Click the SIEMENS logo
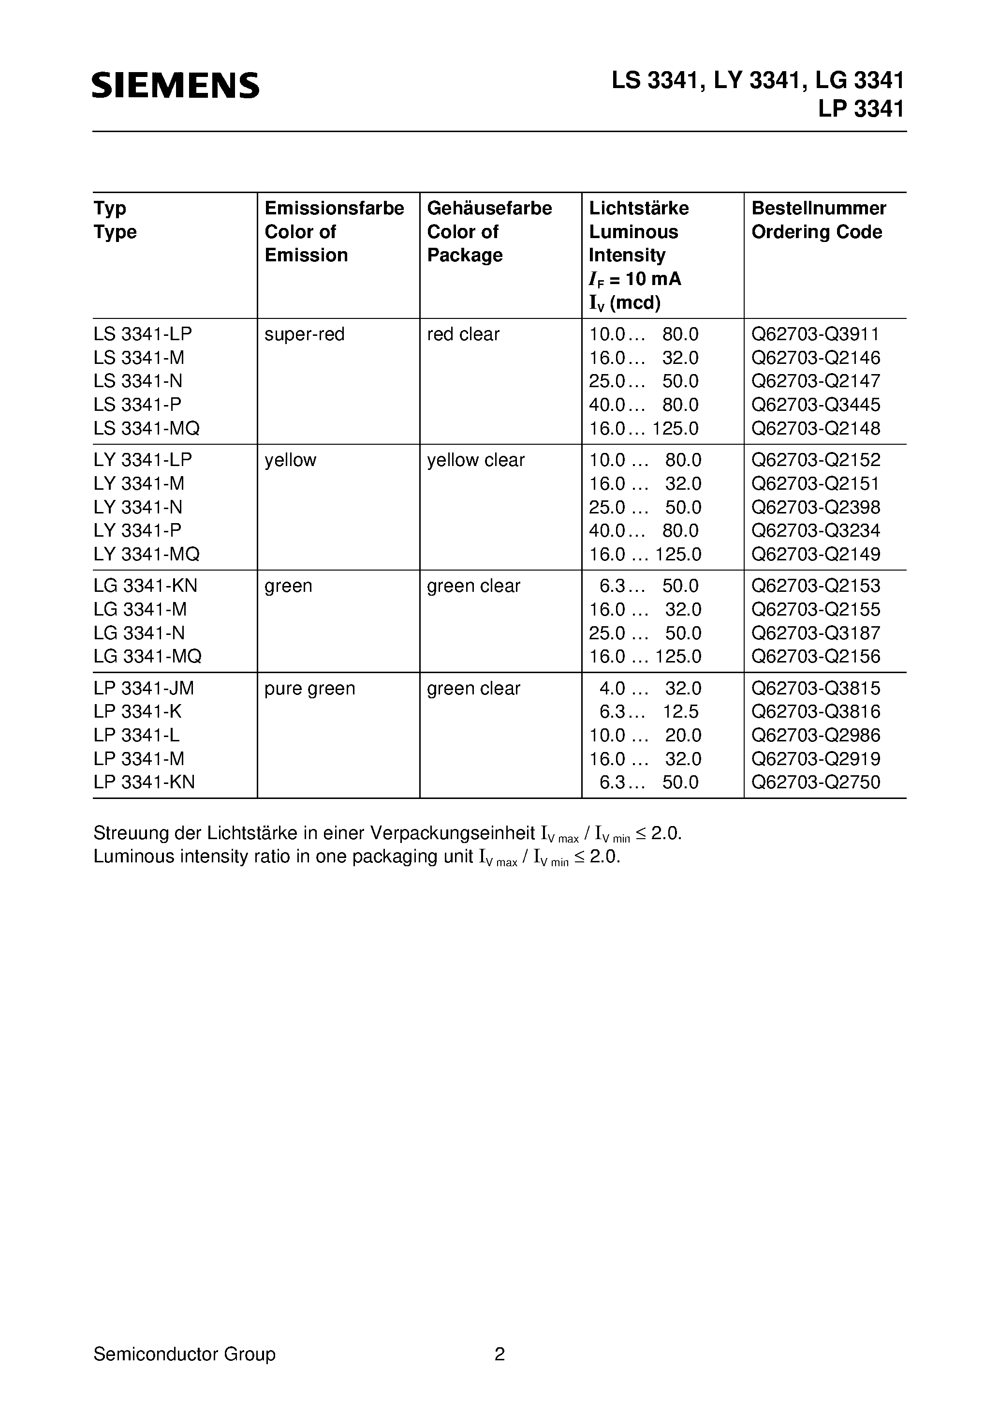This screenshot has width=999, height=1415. click(x=176, y=85)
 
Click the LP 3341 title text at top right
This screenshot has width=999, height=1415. click(x=860, y=109)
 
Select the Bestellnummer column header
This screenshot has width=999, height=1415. click(x=819, y=208)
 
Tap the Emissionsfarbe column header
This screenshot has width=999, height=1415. click(x=334, y=208)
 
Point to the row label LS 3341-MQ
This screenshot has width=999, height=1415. click(x=147, y=428)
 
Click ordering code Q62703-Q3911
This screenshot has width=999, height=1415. click(x=815, y=334)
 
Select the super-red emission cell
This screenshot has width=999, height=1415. click(x=304, y=334)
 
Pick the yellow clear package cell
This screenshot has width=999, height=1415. click(x=475, y=460)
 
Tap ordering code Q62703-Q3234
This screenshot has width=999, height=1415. click(x=815, y=530)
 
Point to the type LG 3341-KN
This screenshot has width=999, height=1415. click(x=146, y=586)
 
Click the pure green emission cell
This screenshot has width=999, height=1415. click(x=310, y=689)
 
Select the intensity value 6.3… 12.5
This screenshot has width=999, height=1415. click(x=648, y=712)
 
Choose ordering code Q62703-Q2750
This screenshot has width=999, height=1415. click(x=815, y=782)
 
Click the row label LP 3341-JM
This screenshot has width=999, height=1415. click(x=144, y=689)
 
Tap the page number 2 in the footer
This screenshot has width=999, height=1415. click(x=499, y=1354)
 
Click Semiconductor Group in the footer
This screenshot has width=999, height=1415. click(x=184, y=1354)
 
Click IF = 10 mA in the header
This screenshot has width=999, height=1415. click(x=635, y=279)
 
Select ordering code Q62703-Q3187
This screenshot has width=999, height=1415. click(x=815, y=633)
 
